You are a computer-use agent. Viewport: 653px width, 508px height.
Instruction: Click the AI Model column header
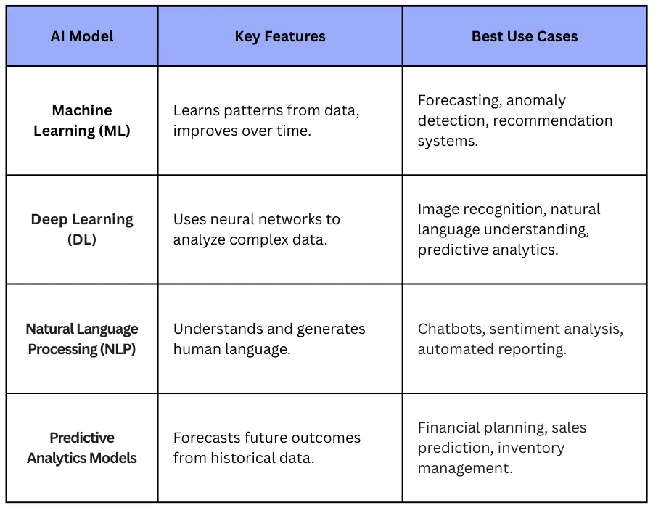(82, 36)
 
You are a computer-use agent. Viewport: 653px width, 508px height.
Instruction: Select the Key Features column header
(280, 36)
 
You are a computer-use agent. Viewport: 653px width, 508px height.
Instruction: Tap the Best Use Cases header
(525, 36)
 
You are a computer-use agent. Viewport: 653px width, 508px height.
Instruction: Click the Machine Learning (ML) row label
(82, 120)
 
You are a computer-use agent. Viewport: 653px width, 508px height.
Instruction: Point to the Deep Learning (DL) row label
(82, 229)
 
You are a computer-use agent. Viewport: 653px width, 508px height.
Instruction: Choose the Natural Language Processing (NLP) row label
(82, 339)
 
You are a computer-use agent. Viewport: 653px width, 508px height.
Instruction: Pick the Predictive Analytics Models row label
(82, 448)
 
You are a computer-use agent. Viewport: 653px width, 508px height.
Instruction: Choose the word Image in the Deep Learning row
(438, 209)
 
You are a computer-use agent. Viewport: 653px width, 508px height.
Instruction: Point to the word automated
(451, 349)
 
